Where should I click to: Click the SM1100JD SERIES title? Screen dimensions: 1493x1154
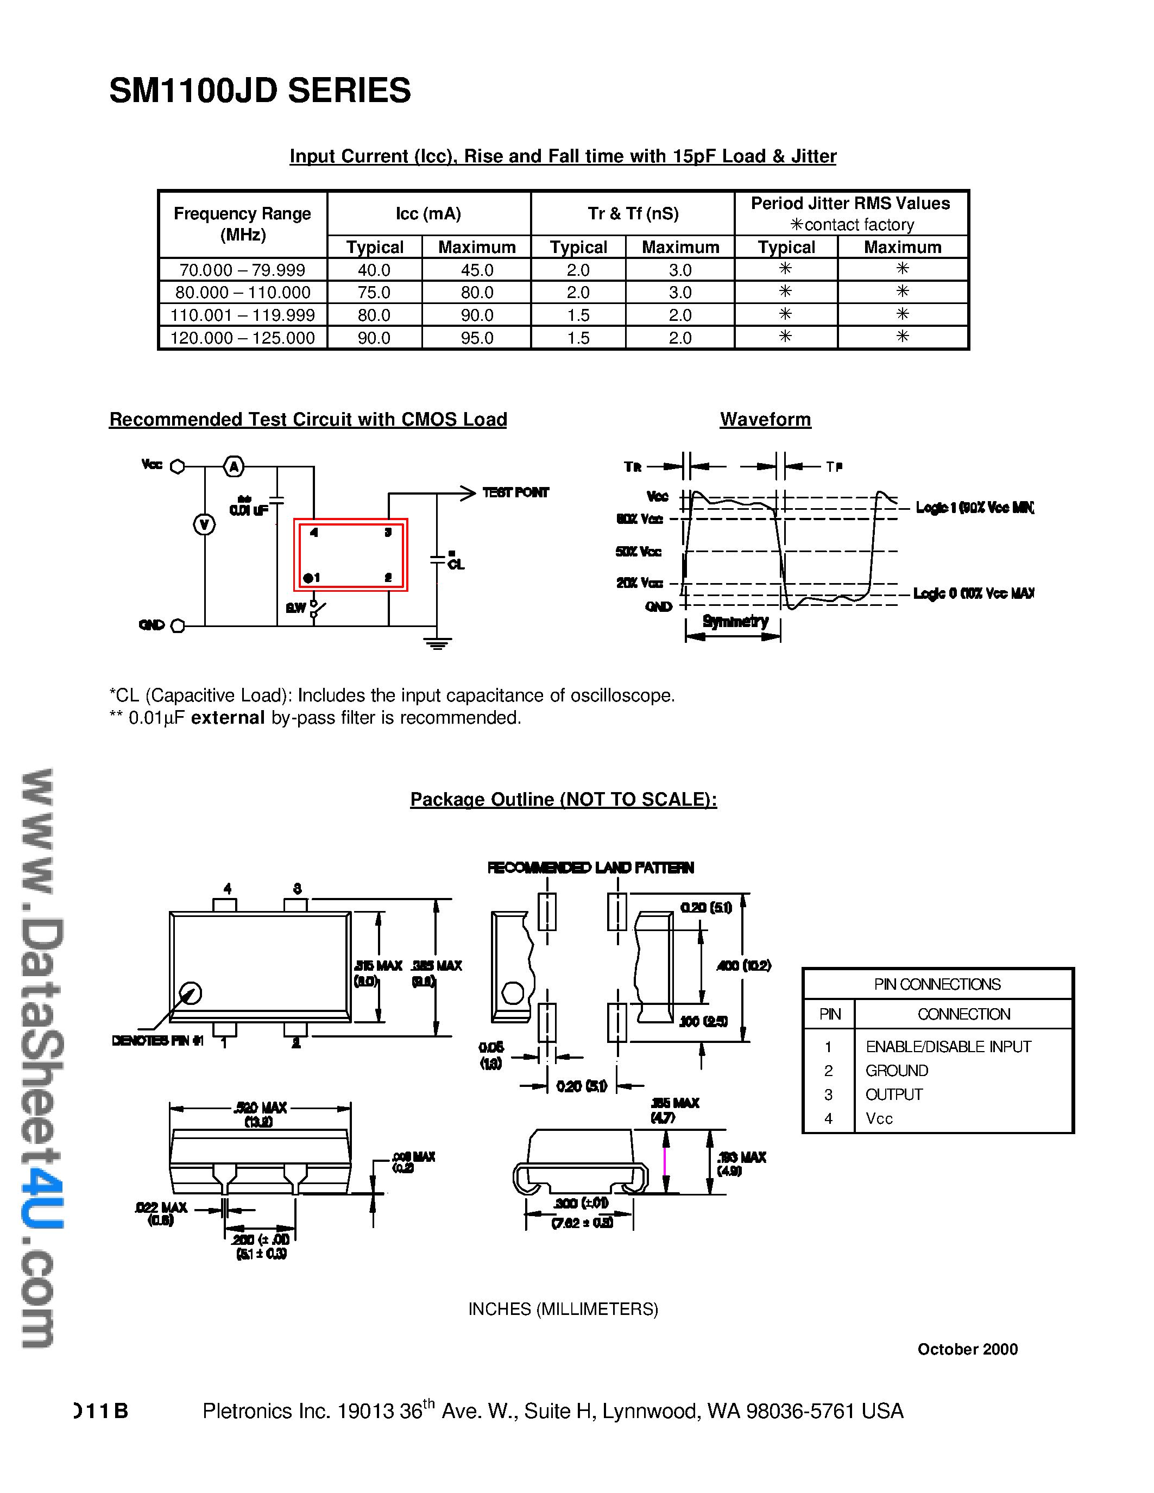260,91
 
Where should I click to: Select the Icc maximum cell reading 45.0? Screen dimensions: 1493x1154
476,270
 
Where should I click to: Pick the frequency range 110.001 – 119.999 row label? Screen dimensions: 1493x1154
243,315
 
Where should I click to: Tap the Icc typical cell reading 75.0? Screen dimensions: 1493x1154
374,293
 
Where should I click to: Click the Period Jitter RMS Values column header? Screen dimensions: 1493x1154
850,204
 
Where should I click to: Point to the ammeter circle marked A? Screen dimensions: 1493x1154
235,467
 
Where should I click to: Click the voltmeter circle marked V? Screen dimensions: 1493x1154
204,525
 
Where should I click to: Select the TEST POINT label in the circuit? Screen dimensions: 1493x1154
515,492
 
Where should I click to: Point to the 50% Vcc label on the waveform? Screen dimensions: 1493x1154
639,552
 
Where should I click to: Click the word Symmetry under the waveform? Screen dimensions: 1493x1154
735,622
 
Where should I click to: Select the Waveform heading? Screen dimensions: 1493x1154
765,420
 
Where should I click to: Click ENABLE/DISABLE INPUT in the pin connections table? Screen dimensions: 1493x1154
948,1047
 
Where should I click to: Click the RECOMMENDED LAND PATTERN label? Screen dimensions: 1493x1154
590,868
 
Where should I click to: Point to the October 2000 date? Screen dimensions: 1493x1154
967,1349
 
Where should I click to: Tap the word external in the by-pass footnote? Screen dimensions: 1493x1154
228,718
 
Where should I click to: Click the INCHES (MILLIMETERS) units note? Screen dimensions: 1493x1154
563,1308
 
